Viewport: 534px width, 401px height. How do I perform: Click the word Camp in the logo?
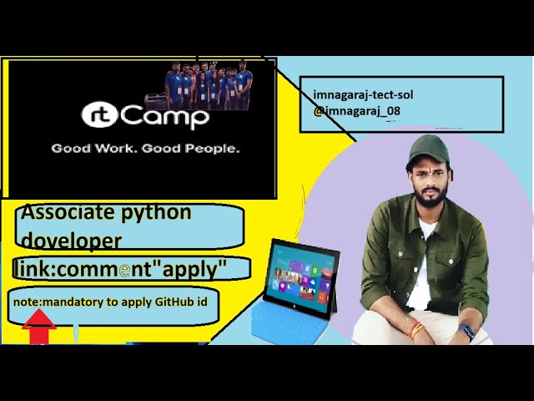click(x=165, y=117)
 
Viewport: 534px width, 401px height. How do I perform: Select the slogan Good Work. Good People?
click(x=146, y=149)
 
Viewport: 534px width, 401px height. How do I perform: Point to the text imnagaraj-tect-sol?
click(x=363, y=95)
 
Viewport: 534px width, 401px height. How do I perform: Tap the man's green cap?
click(x=427, y=149)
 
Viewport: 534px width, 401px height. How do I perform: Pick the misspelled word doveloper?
click(x=71, y=241)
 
